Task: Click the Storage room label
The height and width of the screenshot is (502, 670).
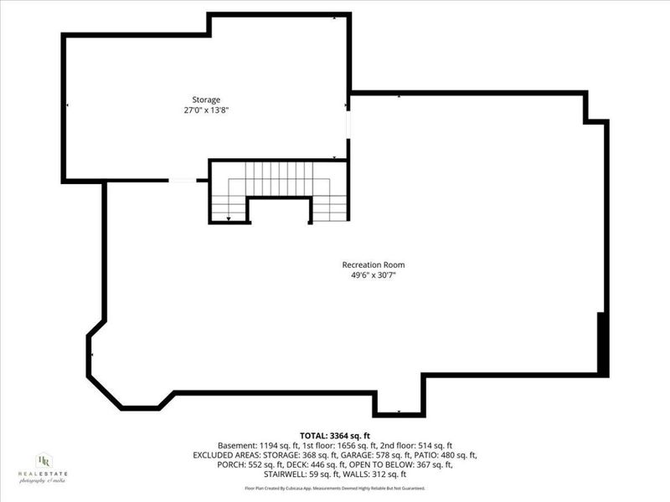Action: click(x=206, y=100)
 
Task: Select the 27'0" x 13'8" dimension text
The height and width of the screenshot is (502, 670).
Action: click(x=206, y=110)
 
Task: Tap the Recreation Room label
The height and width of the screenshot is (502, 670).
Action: click(x=379, y=265)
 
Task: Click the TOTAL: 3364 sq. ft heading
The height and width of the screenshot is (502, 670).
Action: click(x=334, y=435)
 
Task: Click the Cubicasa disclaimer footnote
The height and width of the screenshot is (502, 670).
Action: click(x=334, y=488)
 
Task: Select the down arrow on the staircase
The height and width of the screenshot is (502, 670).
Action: click(x=229, y=218)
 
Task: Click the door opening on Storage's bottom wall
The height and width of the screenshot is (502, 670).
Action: click(x=182, y=180)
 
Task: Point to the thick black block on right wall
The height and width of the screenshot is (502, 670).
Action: click(x=601, y=343)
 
